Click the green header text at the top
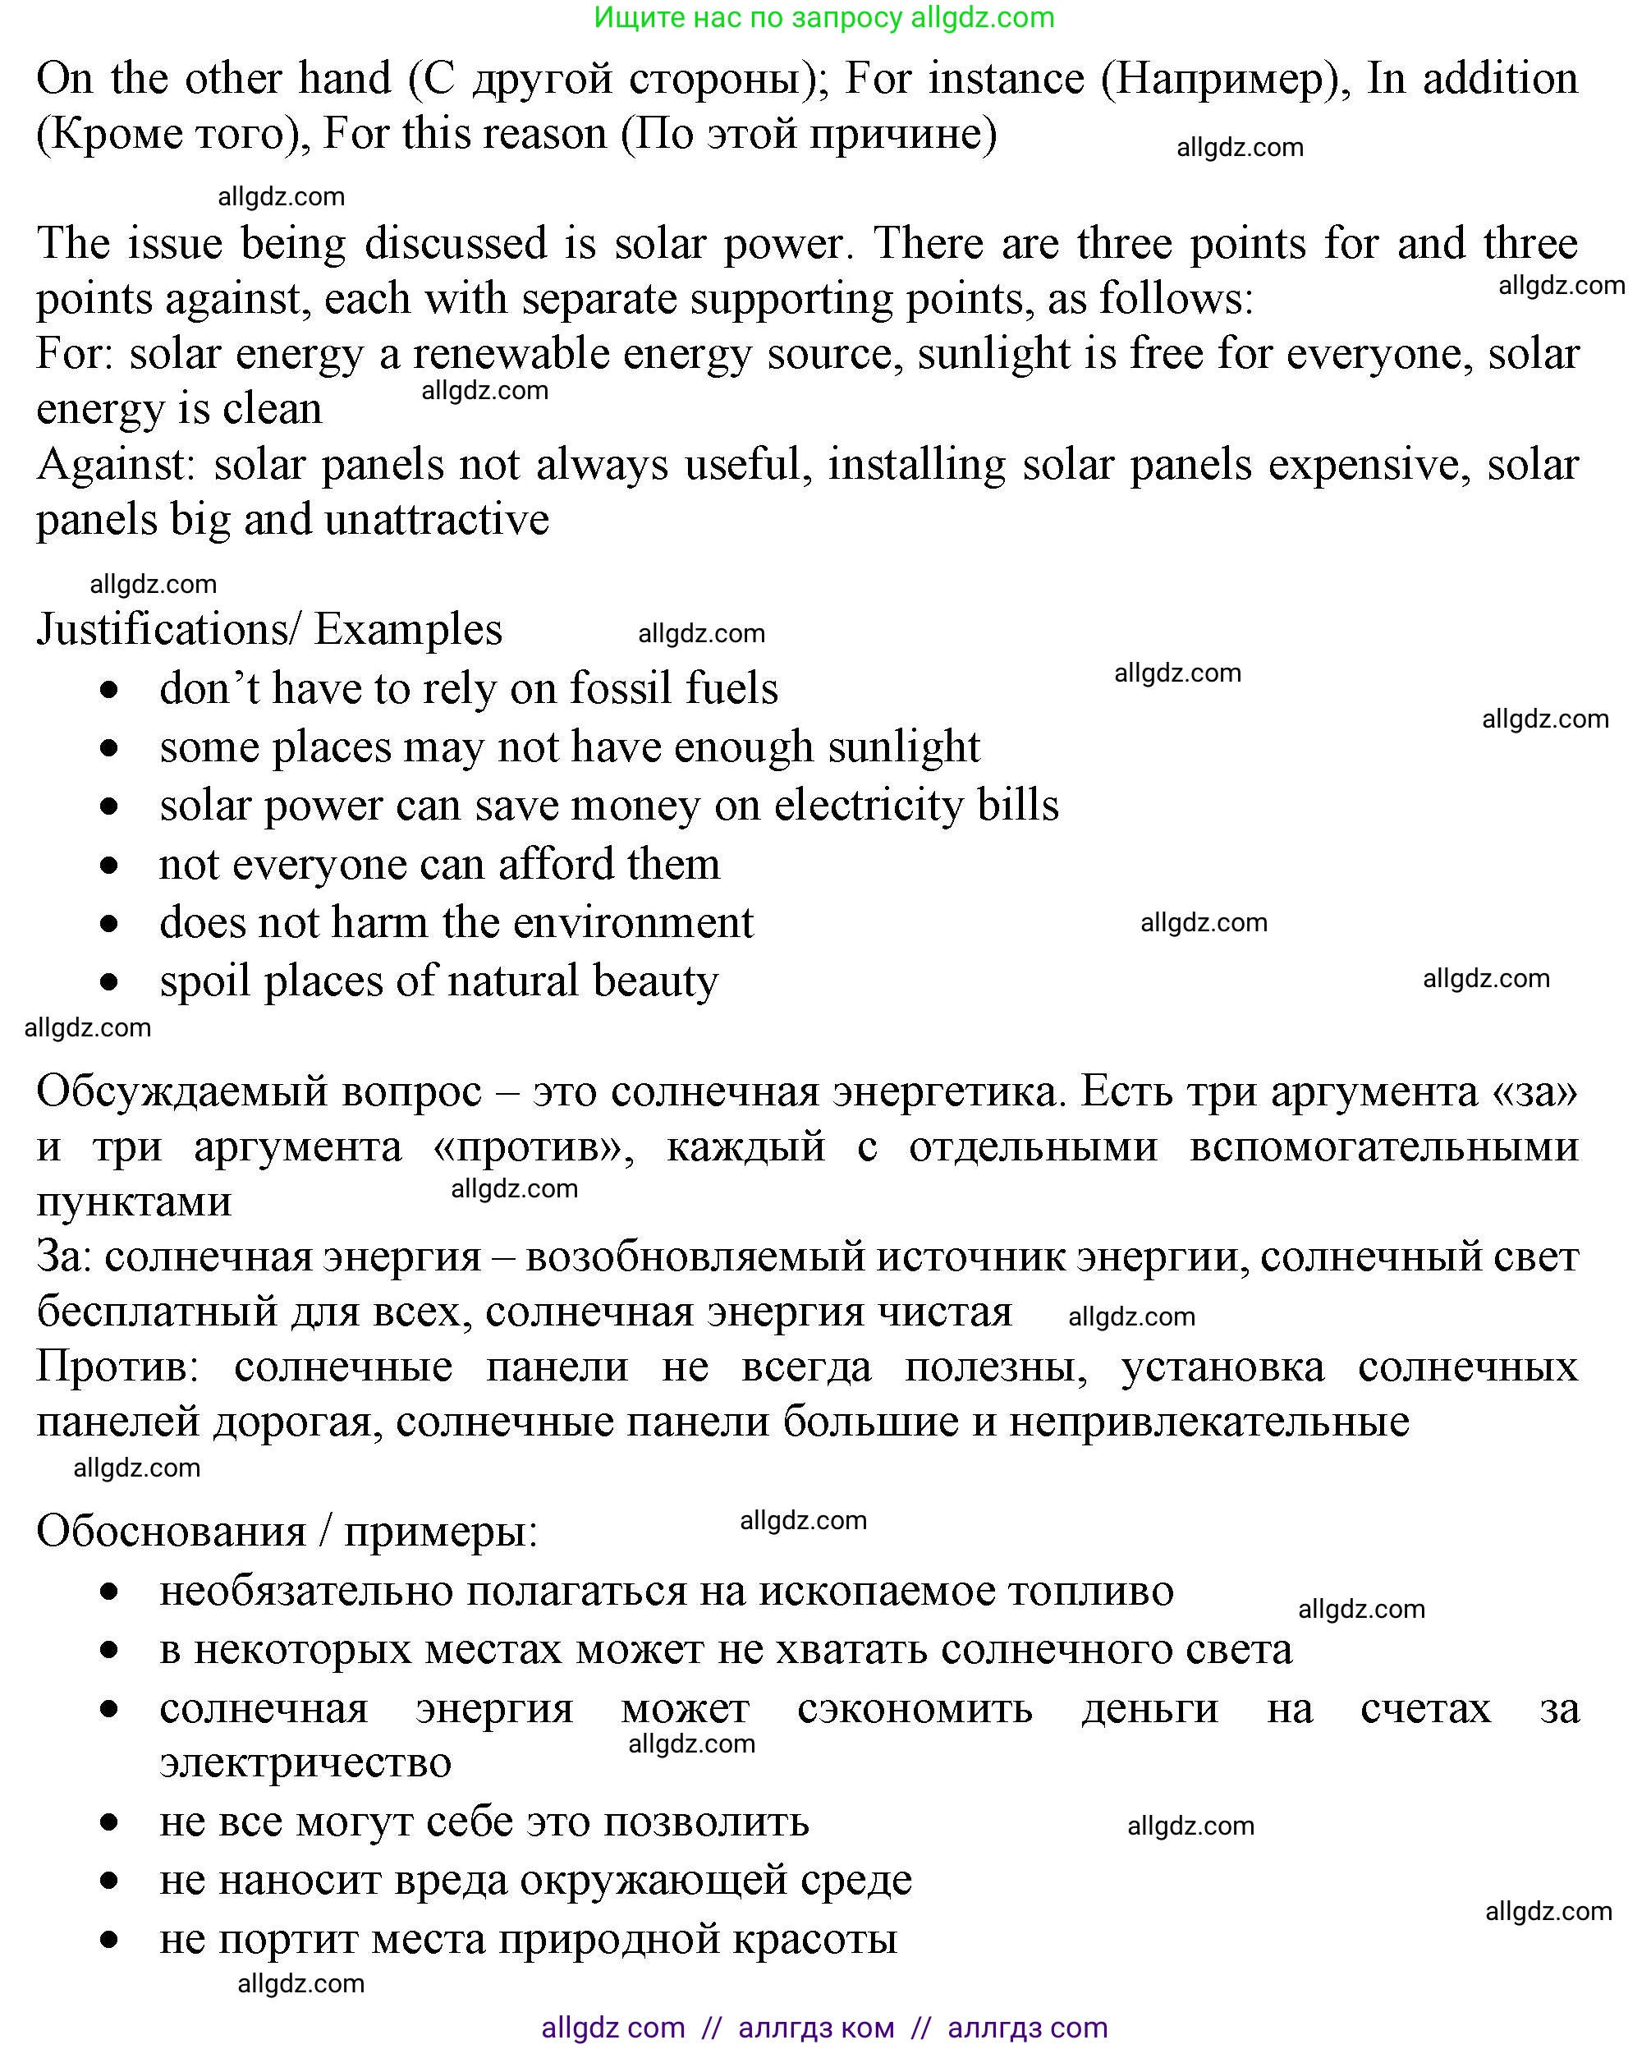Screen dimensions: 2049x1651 [x=823, y=17]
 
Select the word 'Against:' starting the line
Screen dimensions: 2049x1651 [x=116, y=465]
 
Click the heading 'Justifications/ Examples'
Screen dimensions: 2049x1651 [x=269, y=630]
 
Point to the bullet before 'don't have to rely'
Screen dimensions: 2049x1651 [x=109, y=690]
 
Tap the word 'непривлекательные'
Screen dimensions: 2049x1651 [x=1208, y=1422]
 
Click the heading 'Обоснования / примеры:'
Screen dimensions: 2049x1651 [x=287, y=1532]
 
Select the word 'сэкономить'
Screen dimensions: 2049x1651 [x=914, y=1708]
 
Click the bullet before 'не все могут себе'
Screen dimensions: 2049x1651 [x=109, y=1823]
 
